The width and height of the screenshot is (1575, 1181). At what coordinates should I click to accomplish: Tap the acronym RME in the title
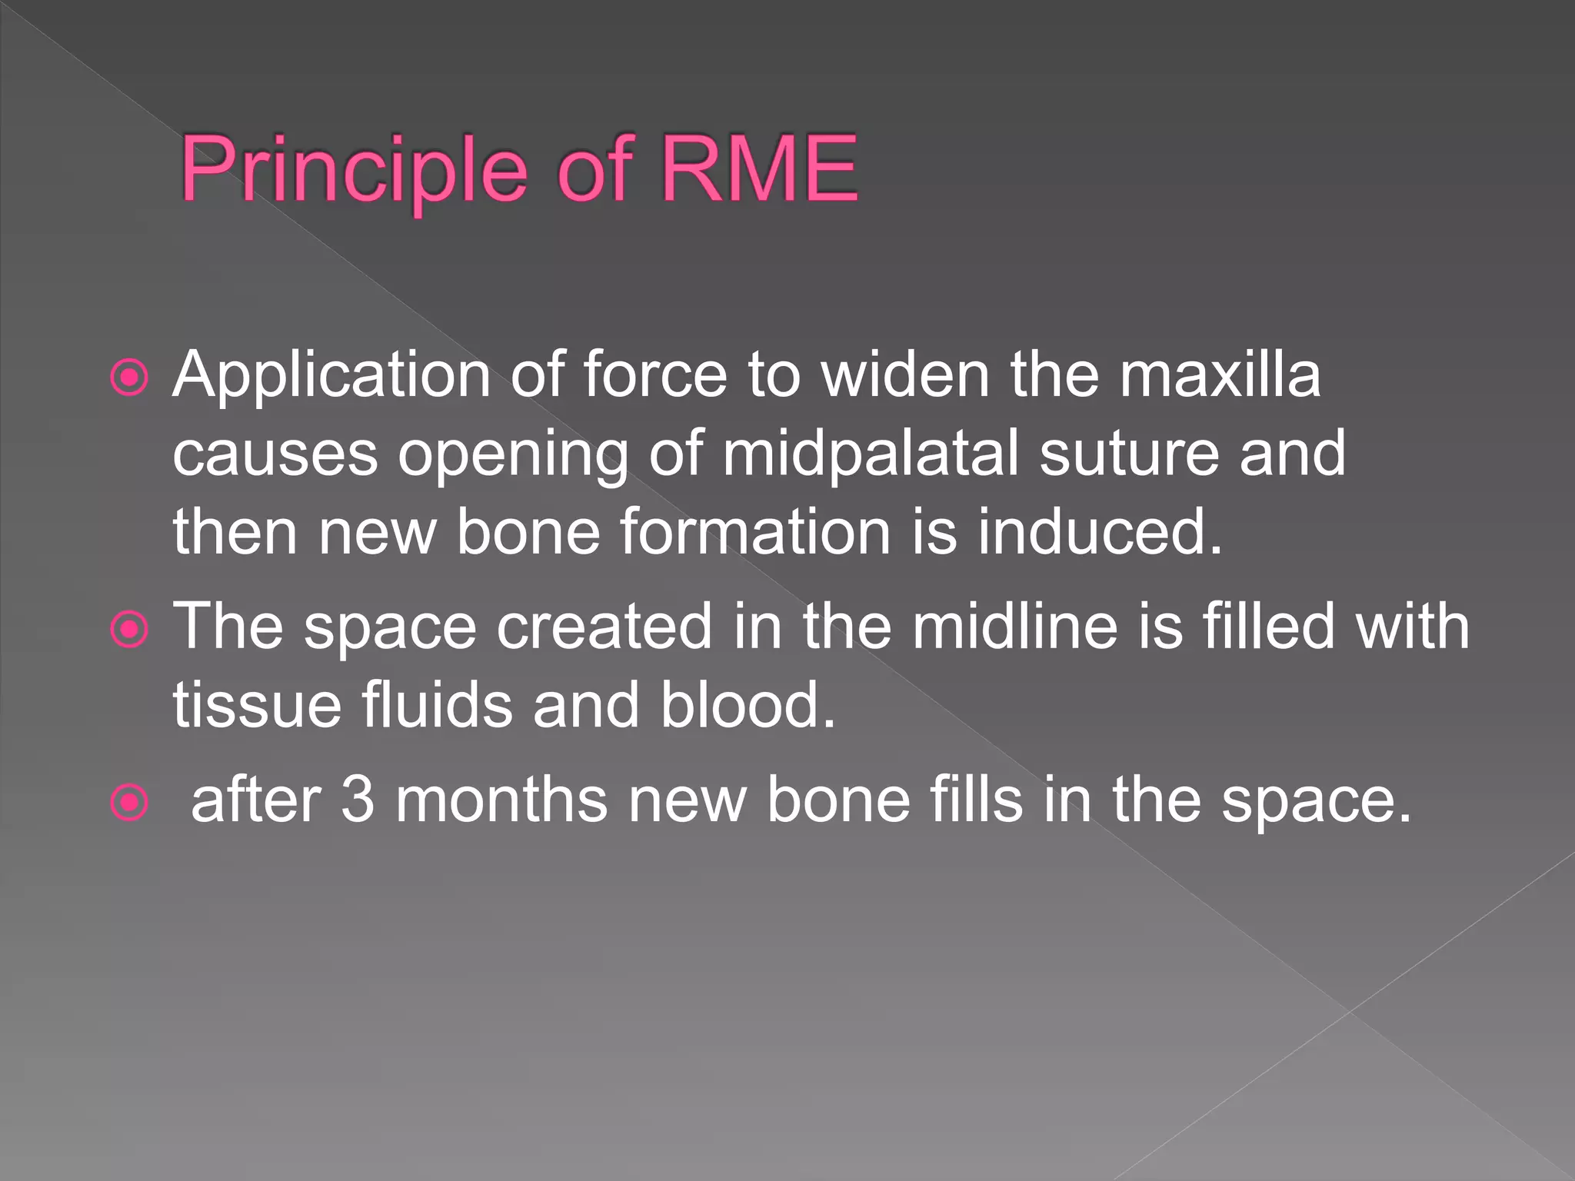pos(758,168)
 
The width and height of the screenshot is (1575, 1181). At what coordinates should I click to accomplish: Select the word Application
pos(331,376)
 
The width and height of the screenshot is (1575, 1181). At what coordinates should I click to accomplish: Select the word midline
pos(1014,627)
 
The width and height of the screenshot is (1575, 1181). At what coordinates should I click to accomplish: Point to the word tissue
pos(257,705)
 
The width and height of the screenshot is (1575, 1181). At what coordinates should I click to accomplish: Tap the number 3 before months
pos(357,800)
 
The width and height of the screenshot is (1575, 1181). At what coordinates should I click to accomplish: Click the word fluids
pos(437,705)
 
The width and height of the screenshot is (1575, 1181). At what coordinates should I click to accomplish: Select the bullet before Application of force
pos(129,378)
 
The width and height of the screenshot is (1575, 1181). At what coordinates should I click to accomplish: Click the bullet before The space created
pos(129,630)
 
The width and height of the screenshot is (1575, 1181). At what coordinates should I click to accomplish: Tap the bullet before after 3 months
pos(129,803)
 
